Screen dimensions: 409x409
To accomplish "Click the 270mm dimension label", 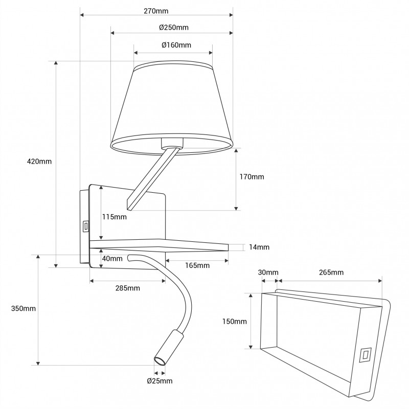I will coord(156,10).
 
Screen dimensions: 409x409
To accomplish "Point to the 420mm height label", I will coord(39,162).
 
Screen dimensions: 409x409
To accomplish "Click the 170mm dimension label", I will coord(252,177).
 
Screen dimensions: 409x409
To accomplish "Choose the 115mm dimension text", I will coord(114,217).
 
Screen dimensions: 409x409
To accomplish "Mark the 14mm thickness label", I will coord(259,247).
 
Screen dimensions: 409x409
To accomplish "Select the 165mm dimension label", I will coord(197,265).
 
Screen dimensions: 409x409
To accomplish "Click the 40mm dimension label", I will coord(112,258).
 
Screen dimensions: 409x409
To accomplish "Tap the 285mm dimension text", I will coord(128,288).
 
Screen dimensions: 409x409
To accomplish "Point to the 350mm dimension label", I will coord(23,309).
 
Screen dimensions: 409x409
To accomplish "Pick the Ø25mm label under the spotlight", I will coord(160,381).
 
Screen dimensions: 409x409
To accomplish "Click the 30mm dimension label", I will coord(268,272).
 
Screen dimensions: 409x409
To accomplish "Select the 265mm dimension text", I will coord(330,272).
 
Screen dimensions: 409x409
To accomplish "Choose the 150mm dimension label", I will coord(235,322).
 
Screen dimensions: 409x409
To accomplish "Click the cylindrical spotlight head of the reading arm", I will coord(167,348).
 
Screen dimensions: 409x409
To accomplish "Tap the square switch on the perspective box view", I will coord(366,354).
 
